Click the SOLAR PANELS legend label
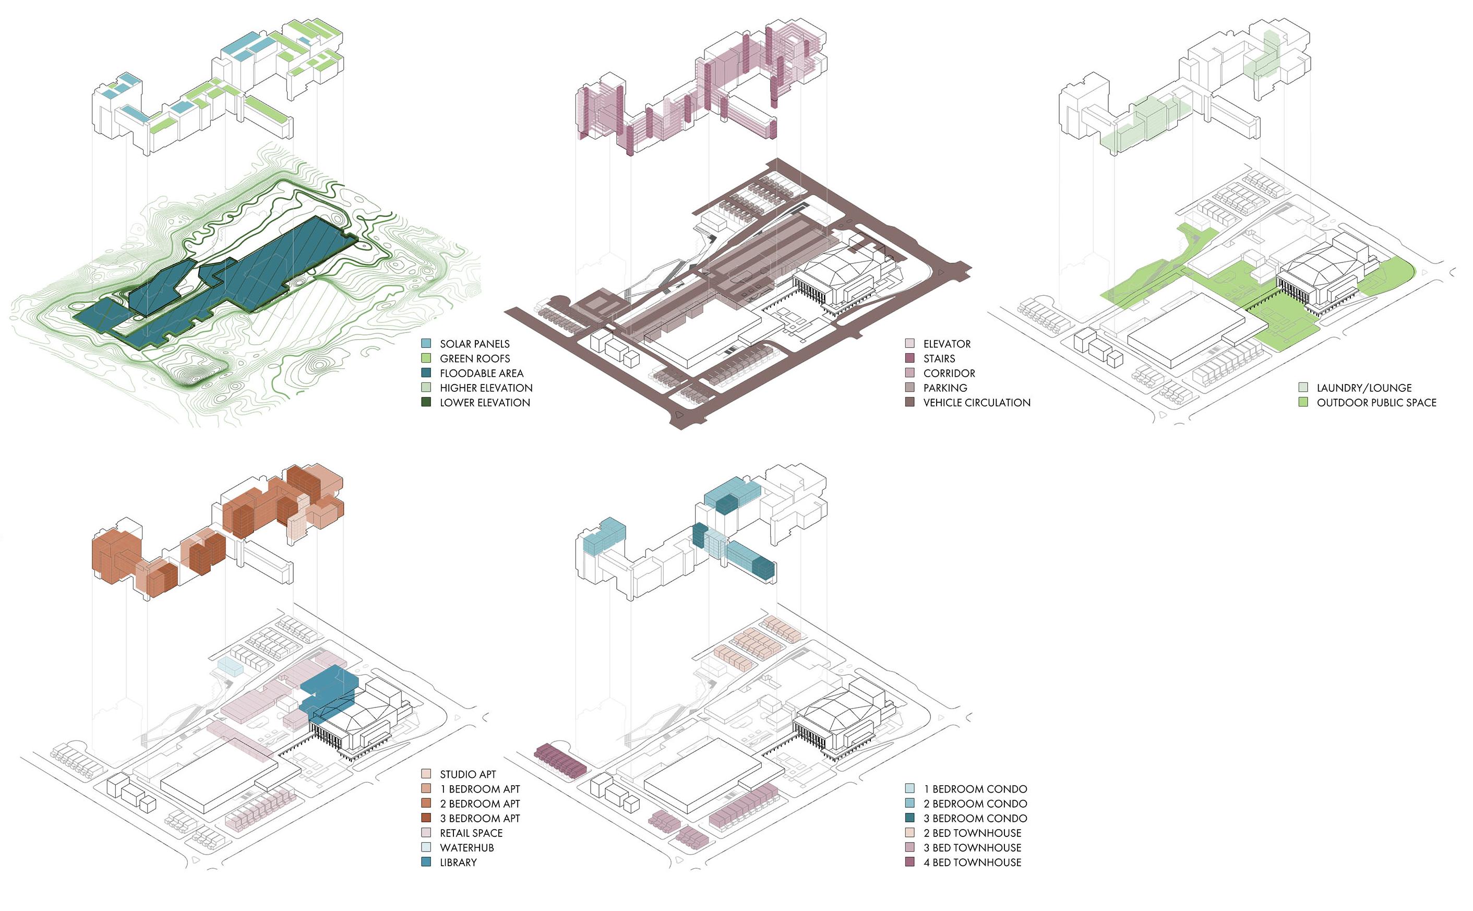(x=474, y=344)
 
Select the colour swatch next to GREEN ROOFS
(x=426, y=358)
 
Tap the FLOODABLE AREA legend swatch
(x=426, y=373)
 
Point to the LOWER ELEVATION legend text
(x=484, y=402)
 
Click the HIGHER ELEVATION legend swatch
(x=426, y=388)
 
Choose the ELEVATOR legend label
(x=947, y=344)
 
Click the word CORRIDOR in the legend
(x=949, y=374)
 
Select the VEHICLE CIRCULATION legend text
(x=977, y=402)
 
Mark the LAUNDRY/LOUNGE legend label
(x=1364, y=388)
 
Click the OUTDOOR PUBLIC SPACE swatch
(x=1303, y=402)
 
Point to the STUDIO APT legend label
(x=468, y=774)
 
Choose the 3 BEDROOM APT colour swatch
(x=426, y=818)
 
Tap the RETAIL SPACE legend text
(x=471, y=833)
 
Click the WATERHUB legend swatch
(x=426, y=848)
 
